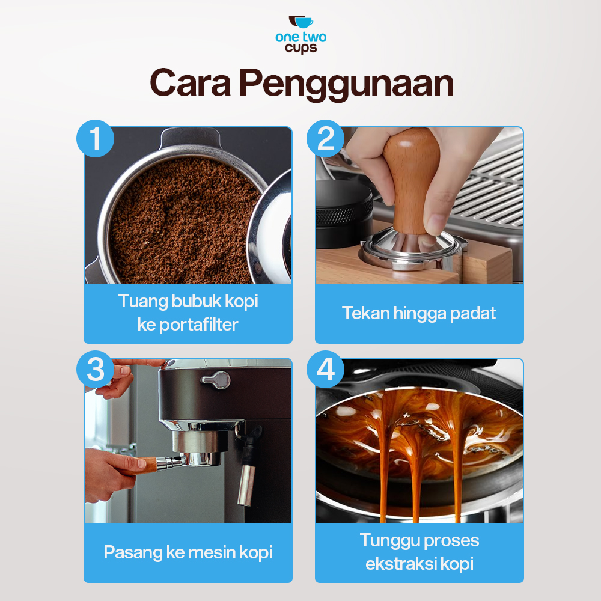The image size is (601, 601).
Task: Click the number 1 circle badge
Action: pos(95,138)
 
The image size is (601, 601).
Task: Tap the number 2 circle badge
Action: pos(325,138)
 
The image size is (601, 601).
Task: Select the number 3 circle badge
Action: pos(95,369)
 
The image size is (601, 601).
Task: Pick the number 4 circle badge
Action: pos(325,369)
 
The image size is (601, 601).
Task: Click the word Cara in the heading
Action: pos(190,83)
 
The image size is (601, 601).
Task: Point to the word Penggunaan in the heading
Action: pos(347,84)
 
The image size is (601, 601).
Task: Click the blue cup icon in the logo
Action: pos(304,23)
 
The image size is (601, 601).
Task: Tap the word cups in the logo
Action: pos(301,49)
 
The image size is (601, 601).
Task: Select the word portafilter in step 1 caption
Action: pos(198,325)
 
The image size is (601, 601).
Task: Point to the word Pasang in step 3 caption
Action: pos(133,553)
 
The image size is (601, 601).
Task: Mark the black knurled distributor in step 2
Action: pos(343,215)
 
